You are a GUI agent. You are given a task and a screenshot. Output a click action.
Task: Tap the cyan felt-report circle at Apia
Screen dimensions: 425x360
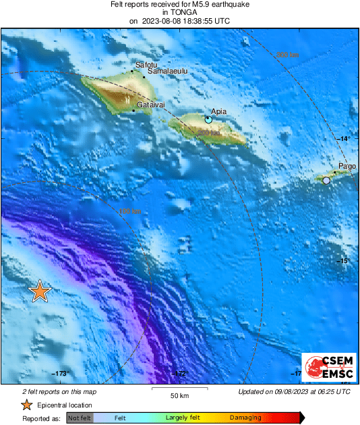tap(209, 119)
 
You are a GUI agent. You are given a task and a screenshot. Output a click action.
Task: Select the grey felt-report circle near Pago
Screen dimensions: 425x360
tap(326, 181)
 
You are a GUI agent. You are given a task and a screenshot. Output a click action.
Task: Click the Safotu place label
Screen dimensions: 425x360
tap(146, 65)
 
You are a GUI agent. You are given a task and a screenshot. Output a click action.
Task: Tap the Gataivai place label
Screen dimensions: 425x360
tap(152, 106)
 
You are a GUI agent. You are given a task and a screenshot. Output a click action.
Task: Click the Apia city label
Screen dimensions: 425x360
tap(218, 111)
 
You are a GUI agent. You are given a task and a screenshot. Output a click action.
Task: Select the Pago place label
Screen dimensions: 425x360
tap(347, 166)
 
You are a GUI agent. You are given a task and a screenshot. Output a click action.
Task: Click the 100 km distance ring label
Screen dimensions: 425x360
tap(129, 212)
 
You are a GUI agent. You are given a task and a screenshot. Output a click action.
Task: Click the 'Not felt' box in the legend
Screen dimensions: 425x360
tap(80, 418)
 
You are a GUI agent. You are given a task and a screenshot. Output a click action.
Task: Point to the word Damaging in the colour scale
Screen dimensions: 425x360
tap(245, 418)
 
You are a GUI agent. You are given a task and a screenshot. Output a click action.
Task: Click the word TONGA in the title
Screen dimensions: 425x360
tap(179, 12)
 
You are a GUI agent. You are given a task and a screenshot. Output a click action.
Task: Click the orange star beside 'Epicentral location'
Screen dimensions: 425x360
tap(26, 405)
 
